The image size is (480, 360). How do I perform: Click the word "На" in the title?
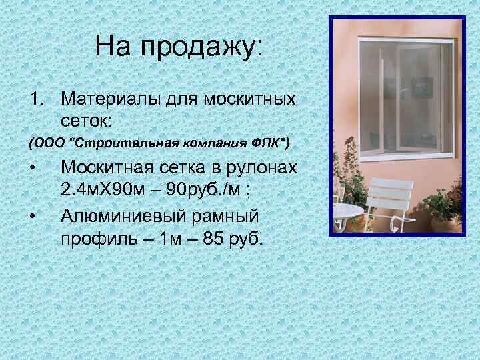coord(113,47)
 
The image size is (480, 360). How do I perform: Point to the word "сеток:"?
coord(88,120)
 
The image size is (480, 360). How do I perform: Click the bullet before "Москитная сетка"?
coord(33,167)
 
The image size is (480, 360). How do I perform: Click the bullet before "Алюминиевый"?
coord(33,215)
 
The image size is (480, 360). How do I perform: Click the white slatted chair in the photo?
coord(391,201)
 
